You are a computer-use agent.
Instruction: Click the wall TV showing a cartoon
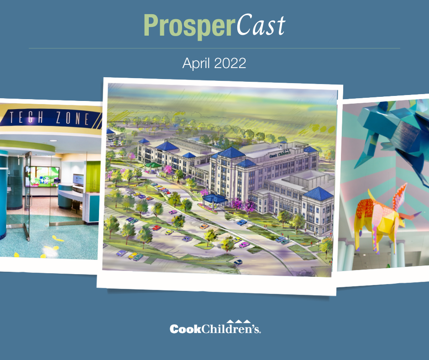point(42,176)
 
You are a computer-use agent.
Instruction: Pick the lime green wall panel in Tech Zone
point(93,176)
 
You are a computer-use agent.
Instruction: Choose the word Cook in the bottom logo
point(184,329)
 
